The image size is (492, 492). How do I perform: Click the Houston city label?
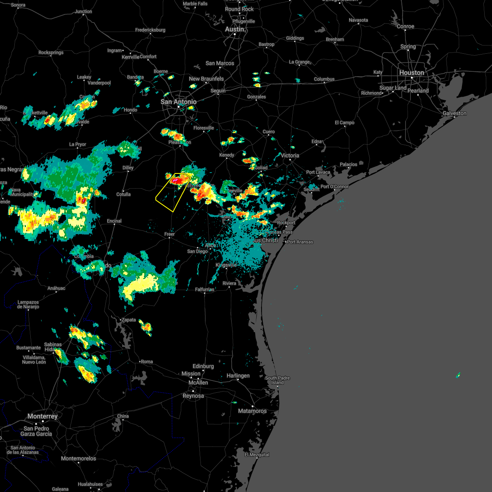point(412,73)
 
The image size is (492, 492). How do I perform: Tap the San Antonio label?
point(178,102)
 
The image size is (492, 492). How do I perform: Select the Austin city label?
point(235,30)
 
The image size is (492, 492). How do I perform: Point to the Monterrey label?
point(43,416)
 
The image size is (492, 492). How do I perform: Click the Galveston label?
point(455,113)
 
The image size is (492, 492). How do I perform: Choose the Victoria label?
point(290,155)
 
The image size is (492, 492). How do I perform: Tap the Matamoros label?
point(252,411)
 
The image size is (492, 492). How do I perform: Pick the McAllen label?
point(198,383)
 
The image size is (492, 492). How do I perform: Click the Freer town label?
point(169,234)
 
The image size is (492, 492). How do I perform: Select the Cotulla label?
point(123,194)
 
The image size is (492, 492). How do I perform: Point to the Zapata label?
point(128,320)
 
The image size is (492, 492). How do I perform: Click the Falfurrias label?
point(205,289)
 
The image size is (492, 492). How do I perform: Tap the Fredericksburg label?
point(150,30)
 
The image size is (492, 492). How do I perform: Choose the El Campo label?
point(344,123)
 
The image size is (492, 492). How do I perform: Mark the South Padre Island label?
point(277,380)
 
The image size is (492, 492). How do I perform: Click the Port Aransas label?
point(300,242)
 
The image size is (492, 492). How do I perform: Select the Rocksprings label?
point(51,52)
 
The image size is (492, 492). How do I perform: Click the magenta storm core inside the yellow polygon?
point(175,180)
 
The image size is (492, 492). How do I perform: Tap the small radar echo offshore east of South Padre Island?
point(458,375)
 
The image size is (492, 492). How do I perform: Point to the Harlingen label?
point(238,376)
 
